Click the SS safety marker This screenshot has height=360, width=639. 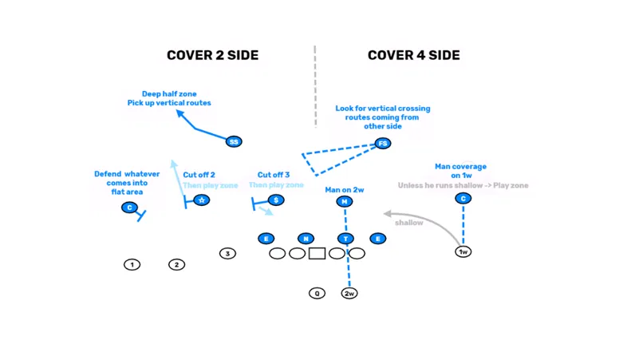click(233, 141)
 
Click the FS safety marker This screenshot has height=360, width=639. click(383, 144)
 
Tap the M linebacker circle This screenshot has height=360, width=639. click(345, 202)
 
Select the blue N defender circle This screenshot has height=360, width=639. click(306, 239)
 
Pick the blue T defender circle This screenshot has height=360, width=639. click(345, 239)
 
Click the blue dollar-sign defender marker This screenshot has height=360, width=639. click(276, 200)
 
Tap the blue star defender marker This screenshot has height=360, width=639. click(202, 200)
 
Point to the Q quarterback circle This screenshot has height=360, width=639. click(317, 293)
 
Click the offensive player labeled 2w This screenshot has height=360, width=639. click(349, 293)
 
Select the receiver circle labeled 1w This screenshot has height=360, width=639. click(463, 251)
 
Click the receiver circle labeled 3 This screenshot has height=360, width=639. click(227, 254)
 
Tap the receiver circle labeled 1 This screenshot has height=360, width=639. click(132, 264)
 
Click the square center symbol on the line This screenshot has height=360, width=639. click(317, 254)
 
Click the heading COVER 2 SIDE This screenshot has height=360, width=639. click(212, 55)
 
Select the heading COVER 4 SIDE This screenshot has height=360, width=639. click(413, 55)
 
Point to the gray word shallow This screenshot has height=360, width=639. click(408, 223)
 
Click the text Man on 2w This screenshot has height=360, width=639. click(345, 190)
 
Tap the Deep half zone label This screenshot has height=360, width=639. click(169, 93)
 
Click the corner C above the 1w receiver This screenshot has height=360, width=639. click(463, 198)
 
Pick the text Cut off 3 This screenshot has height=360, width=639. click(274, 175)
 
